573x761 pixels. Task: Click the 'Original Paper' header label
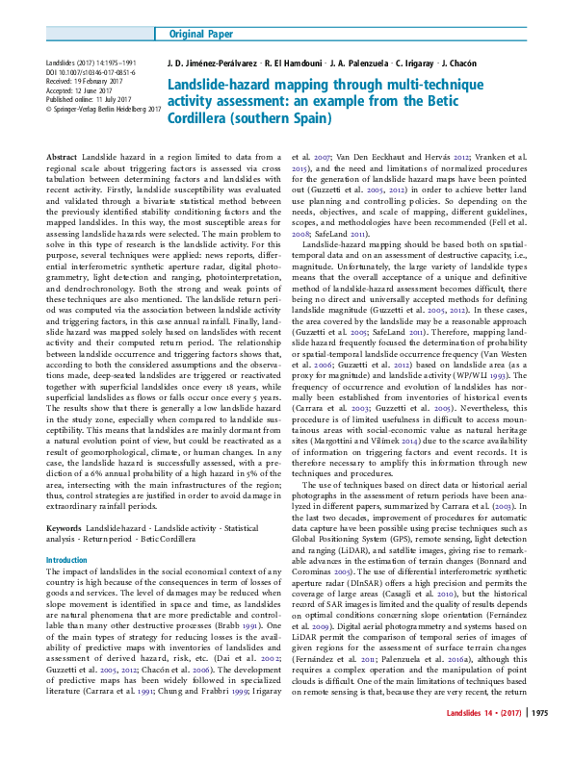pyautogui.click(x=200, y=35)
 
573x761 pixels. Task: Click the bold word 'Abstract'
pyautogui.click(x=62, y=155)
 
